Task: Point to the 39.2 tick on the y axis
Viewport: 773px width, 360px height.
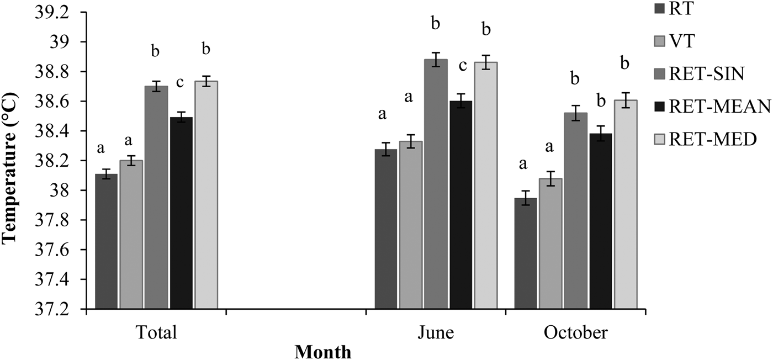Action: click(55, 13)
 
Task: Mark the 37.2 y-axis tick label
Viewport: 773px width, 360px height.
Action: click(55, 310)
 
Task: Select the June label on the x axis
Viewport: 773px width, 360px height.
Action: click(436, 333)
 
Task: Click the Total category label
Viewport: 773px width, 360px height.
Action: click(156, 333)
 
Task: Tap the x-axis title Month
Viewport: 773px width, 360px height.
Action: click(322, 352)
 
